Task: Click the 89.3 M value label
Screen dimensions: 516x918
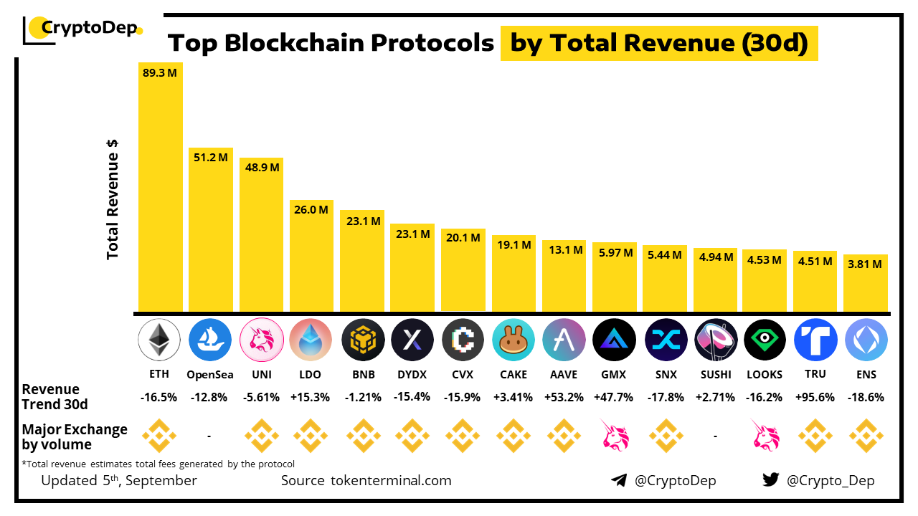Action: (x=160, y=73)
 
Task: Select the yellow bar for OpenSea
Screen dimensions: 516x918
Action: (x=211, y=229)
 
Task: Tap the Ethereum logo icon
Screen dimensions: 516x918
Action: (x=159, y=339)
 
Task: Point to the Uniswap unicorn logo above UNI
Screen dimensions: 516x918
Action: (x=260, y=339)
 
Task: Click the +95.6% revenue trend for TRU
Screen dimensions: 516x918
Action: (x=815, y=397)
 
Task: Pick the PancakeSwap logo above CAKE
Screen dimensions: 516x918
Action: (x=514, y=339)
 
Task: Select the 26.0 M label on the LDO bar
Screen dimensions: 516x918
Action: (x=311, y=210)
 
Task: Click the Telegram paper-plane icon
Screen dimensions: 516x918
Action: (x=619, y=480)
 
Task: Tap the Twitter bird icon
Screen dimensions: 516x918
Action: (x=771, y=480)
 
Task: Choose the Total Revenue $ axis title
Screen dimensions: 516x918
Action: (x=113, y=199)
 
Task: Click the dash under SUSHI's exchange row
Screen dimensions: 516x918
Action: (x=716, y=435)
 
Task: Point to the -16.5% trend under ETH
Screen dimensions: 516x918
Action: (x=159, y=397)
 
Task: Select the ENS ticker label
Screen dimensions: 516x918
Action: (x=866, y=375)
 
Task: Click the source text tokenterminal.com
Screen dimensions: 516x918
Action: (x=366, y=480)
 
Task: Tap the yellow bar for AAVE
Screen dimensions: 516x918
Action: (x=564, y=276)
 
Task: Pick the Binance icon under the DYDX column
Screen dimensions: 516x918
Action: (x=412, y=435)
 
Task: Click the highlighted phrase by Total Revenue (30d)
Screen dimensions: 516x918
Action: (x=659, y=44)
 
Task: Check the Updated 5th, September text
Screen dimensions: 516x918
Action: (x=119, y=480)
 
